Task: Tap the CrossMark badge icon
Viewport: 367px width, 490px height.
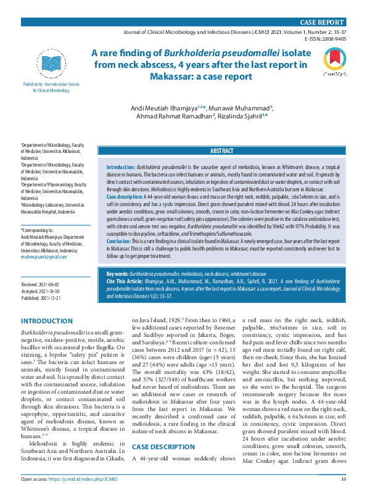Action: tap(333, 62)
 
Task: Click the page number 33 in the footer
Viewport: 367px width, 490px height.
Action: tap(343, 478)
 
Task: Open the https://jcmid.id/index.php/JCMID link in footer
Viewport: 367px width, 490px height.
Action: tap(78, 478)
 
